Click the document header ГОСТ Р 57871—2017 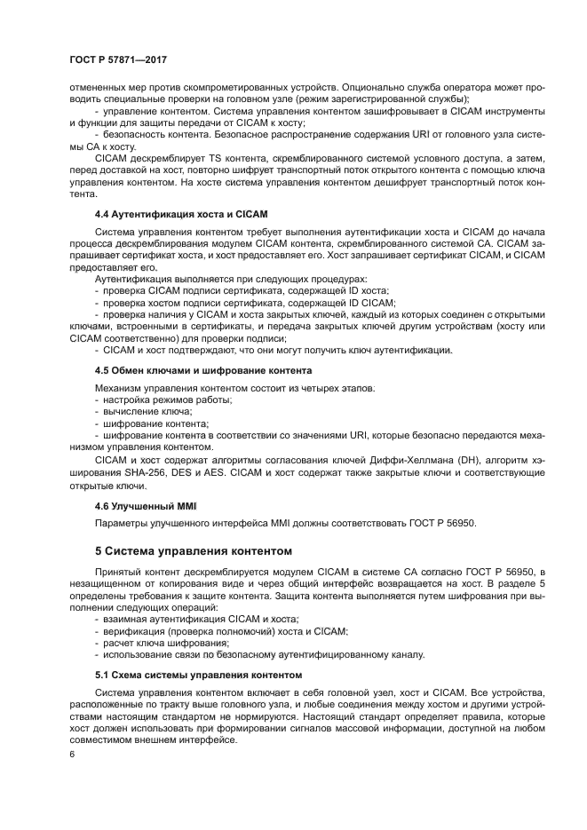pos(118,59)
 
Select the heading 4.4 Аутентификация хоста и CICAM pos(180,215)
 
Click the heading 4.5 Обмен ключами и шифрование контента pos(202,369)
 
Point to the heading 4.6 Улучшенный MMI pos(145,505)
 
